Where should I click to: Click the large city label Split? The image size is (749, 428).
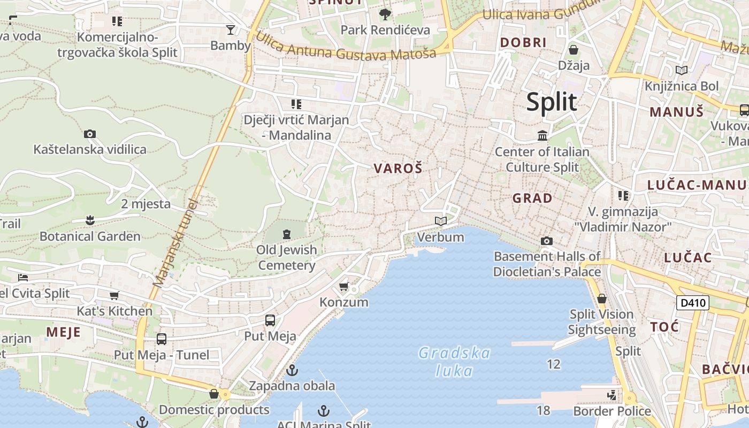tap(552, 102)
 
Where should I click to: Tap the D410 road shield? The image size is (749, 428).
tap(693, 303)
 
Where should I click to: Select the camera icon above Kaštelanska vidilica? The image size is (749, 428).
tap(89, 134)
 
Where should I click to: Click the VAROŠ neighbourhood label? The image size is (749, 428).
tap(398, 169)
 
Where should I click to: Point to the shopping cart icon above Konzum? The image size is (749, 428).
tap(344, 287)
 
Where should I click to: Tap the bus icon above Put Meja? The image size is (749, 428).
tap(270, 320)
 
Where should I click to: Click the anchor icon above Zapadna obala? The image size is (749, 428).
tap(292, 370)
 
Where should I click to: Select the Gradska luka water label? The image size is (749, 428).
tap(454, 362)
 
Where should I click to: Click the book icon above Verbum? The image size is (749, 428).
tap(440, 221)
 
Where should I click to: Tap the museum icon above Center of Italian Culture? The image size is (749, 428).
tap(542, 135)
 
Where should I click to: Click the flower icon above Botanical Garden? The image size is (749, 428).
tap(90, 220)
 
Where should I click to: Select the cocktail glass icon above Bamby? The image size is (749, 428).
tap(231, 29)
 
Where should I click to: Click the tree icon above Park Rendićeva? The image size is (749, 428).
tap(385, 14)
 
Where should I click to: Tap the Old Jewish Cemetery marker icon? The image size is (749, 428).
tap(286, 234)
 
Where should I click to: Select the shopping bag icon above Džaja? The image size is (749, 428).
tap(574, 50)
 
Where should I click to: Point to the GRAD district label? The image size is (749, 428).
tap(532, 198)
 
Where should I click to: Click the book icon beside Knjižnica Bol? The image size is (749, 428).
tap(681, 70)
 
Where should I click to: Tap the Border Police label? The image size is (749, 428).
tap(612, 411)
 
